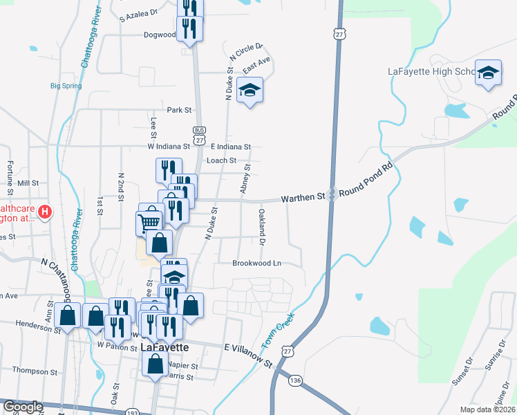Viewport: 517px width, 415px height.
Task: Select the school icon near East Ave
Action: point(250,91)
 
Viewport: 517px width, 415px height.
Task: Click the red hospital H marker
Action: point(46,211)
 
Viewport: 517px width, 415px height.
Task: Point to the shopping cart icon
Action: point(150,223)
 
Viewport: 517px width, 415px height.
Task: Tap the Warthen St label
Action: point(302,198)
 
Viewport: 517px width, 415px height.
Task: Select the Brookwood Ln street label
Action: point(256,264)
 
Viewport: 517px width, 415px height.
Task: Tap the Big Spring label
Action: point(66,86)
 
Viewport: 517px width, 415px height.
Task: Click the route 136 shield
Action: point(296,380)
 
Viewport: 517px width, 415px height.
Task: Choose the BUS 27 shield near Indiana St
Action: point(199,136)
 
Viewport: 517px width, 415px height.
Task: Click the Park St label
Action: point(178,110)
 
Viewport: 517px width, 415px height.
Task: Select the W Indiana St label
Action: point(168,147)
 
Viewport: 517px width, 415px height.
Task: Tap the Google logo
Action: point(23,407)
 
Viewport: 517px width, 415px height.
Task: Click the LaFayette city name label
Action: point(165,347)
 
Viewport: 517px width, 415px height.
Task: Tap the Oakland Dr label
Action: point(262,227)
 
